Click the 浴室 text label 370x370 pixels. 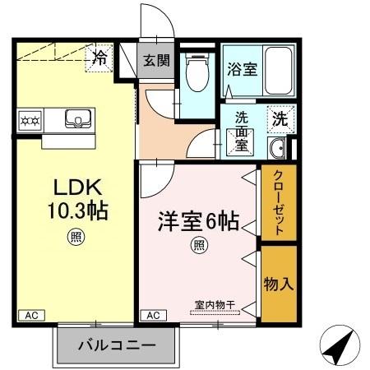tap(242, 71)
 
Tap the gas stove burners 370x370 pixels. tap(30, 119)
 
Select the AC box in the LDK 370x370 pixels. tap(30, 316)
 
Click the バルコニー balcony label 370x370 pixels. tap(116, 345)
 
